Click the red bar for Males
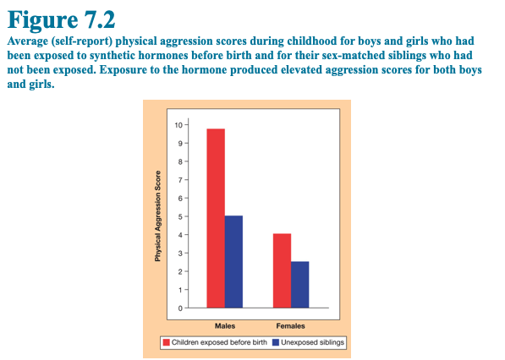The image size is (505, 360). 216,218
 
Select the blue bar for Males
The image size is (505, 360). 233,262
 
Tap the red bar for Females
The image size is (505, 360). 283,270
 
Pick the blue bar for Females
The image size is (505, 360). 299,285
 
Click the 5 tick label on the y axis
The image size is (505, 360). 180,216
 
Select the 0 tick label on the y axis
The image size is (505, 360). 180,308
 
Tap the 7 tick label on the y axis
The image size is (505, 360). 180,180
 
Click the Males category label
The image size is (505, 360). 225,326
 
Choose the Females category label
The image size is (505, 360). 290,326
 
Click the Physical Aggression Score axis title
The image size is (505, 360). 157,215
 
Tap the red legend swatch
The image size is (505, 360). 166,342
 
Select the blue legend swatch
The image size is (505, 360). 276,342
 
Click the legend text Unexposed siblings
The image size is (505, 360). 312,342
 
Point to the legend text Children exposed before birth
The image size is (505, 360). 219,342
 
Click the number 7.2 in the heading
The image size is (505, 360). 100,20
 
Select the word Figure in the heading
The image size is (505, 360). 43,21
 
